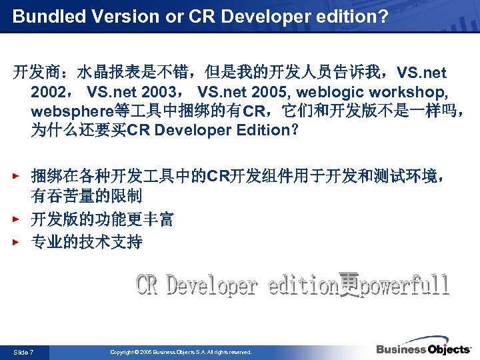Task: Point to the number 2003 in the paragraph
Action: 164,91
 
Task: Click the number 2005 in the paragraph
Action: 275,91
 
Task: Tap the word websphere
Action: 67,111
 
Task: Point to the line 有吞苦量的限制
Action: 87,197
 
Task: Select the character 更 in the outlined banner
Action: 349,285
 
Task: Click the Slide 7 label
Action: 23,352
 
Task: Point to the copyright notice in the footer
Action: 181,352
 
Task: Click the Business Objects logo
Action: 423,349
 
